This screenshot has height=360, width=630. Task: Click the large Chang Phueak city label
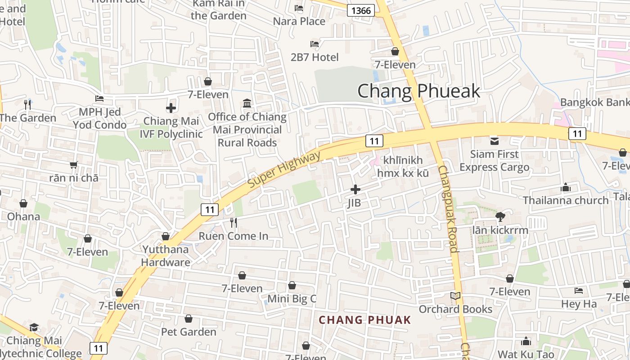click(x=418, y=91)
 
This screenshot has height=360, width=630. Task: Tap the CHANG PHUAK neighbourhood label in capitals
click(x=364, y=320)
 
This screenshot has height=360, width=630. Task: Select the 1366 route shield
click(x=361, y=10)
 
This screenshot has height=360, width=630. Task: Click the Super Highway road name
click(x=284, y=170)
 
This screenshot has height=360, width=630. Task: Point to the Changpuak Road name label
click(x=448, y=208)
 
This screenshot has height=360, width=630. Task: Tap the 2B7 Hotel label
click(x=315, y=57)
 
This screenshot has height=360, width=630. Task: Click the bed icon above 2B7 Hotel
click(x=315, y=44)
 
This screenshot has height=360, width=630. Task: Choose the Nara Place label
click(x=299, y=21)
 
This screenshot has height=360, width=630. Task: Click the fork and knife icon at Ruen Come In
click(x=233, y=222)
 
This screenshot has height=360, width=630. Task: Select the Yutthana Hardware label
click(x=166, y=256)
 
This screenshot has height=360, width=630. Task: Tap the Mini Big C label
click(x=292, y=298)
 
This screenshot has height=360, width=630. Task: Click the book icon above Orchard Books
click(x=455, y=296)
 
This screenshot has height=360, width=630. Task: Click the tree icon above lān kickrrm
click(x=500, y=217)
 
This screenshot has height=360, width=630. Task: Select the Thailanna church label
click(x=565, y=200)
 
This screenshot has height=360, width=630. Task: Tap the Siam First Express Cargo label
click(x=494, y=161)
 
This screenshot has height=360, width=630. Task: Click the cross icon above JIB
click(x=355, y=189)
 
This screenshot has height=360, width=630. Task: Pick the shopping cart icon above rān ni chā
click(x=74, y=165)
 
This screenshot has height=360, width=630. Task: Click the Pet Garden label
click(x=189, y=332)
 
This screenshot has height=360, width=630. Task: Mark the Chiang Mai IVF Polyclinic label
click(x=171, y=127)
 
